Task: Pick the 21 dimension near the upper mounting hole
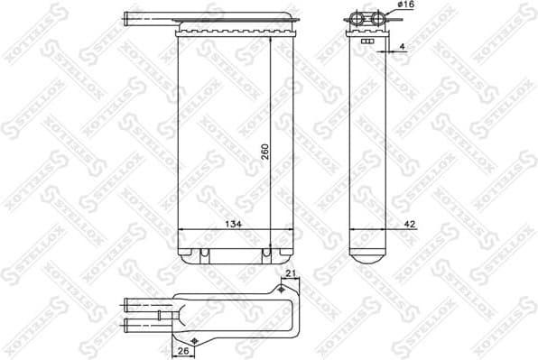(291, 274)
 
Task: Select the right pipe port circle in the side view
(375, 20)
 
